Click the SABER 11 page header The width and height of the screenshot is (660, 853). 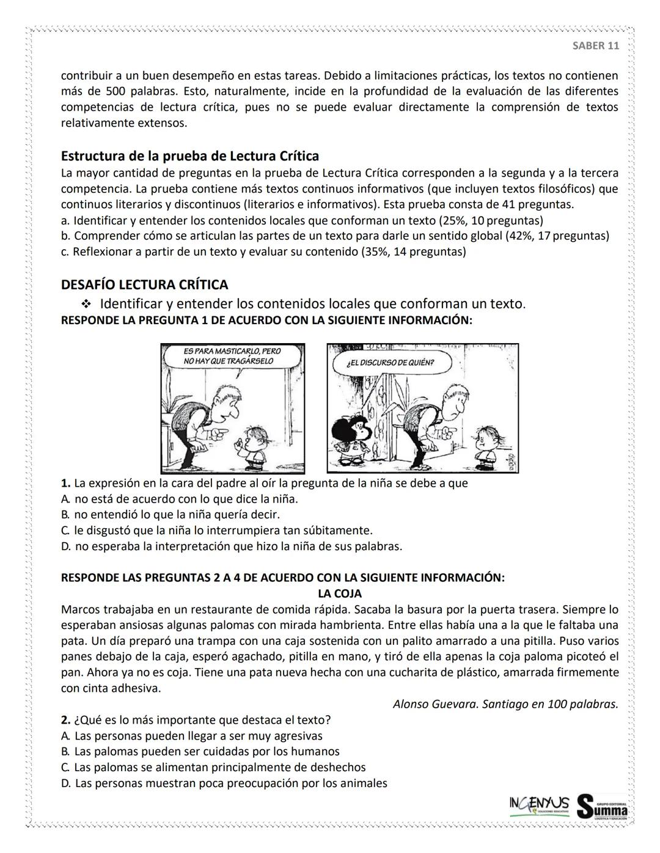595,46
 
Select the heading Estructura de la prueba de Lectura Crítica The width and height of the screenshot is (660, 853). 189,156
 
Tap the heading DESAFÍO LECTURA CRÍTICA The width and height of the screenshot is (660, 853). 144,285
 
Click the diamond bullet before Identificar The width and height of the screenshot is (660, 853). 86,304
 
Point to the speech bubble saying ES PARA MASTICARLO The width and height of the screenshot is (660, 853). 233,357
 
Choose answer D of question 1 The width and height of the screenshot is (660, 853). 232,546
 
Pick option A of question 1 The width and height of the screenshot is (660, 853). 180,499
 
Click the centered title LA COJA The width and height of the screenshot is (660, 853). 339,593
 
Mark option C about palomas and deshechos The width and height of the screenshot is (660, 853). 213,768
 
